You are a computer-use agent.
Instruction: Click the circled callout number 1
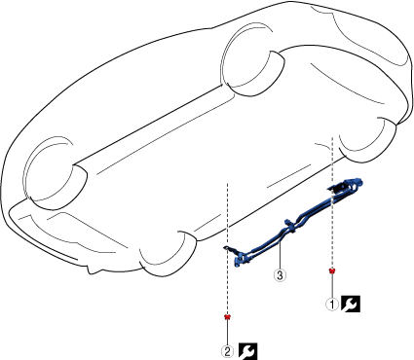pos(332,305)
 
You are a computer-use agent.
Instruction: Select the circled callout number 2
pos(227,351)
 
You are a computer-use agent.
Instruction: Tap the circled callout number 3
pos(280,275)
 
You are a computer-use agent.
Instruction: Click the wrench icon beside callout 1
pos(351,304)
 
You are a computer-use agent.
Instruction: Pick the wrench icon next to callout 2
pos(248,351)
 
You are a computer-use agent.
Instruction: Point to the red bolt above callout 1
pos(332,270)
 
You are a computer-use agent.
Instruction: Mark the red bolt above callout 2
pos(228,316)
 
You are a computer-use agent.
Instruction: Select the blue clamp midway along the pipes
pos(290,226)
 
